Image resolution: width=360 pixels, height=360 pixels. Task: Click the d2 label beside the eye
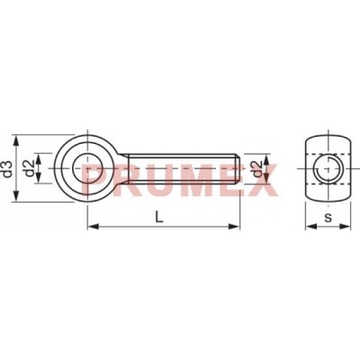(29, 168)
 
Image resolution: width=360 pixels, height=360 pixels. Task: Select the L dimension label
(159, 217)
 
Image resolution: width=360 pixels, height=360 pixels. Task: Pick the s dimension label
(328, 218)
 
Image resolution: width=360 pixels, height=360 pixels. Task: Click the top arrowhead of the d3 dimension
(17, 141)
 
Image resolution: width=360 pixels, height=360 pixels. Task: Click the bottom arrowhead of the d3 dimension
(17, 196)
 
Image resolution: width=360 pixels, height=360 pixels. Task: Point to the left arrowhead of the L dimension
(94, 226)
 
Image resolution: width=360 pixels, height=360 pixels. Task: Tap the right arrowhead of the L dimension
(234, 226)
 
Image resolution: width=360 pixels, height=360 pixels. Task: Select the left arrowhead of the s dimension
(311, 226)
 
